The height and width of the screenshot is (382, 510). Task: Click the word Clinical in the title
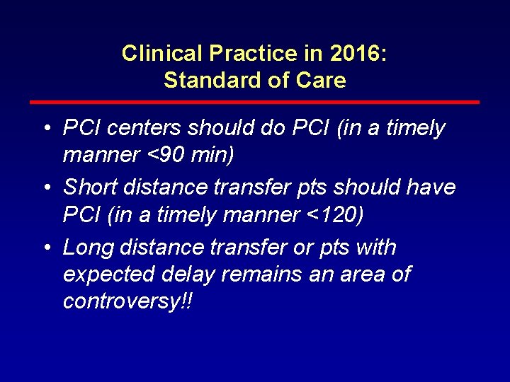point(151,54)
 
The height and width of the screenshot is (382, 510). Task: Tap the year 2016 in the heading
point(347,54)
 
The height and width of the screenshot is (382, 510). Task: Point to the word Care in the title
point(322,81)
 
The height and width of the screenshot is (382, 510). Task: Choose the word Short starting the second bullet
point(89,188)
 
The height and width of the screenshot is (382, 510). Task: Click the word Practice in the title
point(237,54)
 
